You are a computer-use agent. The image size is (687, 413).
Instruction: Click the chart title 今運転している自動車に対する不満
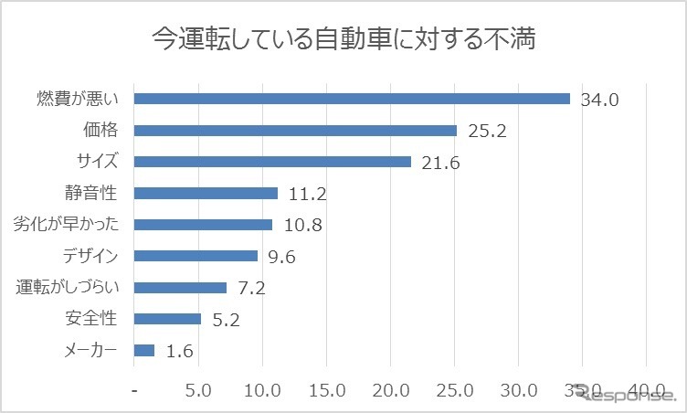click(x=343, y=39)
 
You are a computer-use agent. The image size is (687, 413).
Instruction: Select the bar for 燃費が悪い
click(x=352, y=99)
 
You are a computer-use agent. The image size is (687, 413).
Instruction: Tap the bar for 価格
click(x=295, y=131)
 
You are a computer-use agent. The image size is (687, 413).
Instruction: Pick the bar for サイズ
click(x=272, y=162)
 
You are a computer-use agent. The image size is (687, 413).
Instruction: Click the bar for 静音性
click(x=206, y=193)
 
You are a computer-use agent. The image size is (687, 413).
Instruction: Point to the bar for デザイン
click(x=196, y=256)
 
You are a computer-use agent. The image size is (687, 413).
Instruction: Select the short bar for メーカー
click(x=144, y=350)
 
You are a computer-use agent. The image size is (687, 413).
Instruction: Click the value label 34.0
click(x=600, y=100)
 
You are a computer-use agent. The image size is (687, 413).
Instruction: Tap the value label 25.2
click(x=487, y=131)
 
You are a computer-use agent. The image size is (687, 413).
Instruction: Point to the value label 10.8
click(x=303, y=225)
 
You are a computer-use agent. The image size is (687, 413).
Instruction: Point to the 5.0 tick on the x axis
click(x=198, y=389)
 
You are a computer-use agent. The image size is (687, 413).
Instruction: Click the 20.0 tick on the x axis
click(x=391, y=389)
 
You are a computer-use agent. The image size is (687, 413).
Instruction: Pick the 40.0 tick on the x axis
click(x=647, y=389)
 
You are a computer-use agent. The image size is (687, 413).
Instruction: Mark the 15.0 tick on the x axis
click(x=326, y=389)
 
